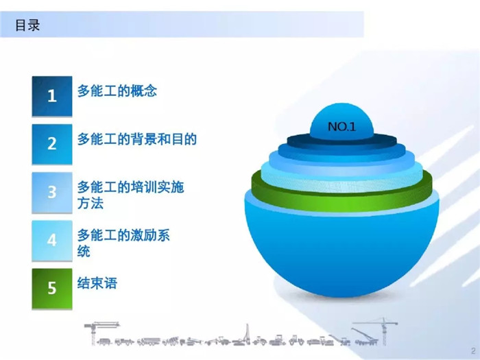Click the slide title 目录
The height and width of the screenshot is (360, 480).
(27, 25)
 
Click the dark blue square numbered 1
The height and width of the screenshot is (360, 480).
(52, 96)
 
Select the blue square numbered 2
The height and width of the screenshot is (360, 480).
(52, 144)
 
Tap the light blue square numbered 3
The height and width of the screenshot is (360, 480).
(52, 192)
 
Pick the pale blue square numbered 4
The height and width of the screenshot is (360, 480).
(52, 240)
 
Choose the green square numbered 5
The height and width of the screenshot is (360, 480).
(52, 289)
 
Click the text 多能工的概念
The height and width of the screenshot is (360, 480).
(117, 91)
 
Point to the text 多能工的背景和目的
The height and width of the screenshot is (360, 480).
(137, 139)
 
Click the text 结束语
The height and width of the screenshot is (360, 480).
(97, 283)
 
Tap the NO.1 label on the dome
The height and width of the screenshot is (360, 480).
(341, 126)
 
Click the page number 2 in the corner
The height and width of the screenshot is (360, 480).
(474, 351)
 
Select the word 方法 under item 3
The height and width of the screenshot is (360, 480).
(91, 203)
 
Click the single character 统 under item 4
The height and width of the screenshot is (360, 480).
(84, 252)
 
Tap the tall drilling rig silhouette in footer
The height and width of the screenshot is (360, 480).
(247, 335)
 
